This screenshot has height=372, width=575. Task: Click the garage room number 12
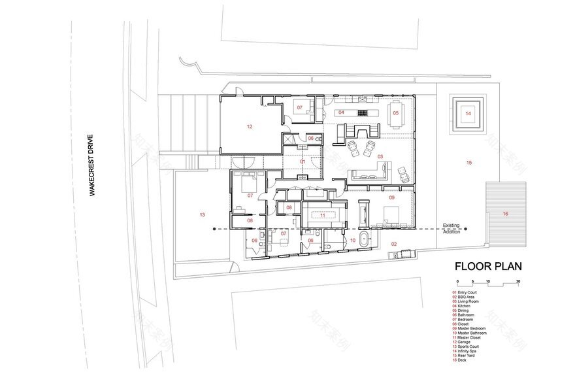tap(249, 126)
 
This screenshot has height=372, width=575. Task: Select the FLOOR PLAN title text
tap(488, 267)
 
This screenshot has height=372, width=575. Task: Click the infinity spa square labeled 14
tap(468, 114)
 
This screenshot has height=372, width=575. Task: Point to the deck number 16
tap(505, 214)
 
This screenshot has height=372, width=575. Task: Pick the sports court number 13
tap(202, 214)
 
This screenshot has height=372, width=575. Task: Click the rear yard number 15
tap(468, 161)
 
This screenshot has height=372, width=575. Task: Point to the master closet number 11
tap(322, 214)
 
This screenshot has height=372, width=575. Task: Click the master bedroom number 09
tap(392, 197)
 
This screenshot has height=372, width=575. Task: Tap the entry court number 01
tap(302, 161)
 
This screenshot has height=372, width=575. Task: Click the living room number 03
tap(380, 157)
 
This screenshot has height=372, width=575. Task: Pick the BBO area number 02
tap(393, 244)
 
